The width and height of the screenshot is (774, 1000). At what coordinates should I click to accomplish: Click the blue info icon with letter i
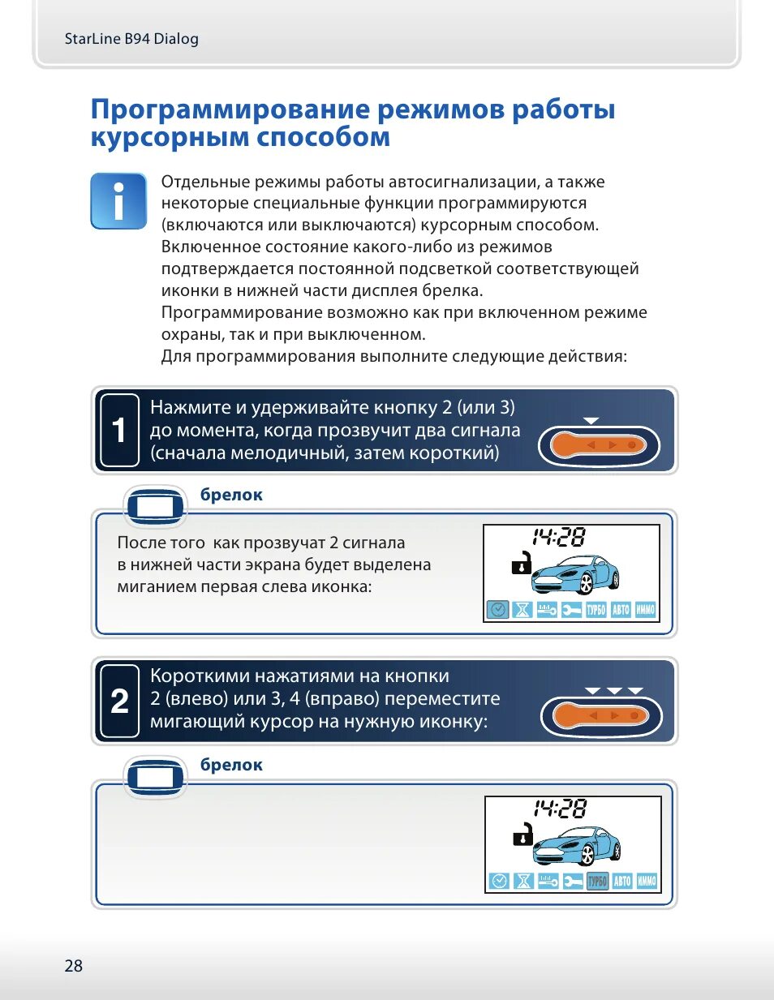click(118, 200)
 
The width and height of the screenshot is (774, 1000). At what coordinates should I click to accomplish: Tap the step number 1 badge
click(119, 430)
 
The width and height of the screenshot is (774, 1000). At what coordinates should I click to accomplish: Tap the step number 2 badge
click(119, 701)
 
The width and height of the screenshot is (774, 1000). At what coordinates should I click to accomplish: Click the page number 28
click(73, 965)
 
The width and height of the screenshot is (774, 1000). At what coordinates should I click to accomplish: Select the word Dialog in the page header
click(176, 38)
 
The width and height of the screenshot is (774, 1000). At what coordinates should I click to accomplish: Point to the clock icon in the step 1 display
click(497, 609)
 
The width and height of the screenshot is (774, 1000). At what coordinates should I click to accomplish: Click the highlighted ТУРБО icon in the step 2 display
click(597, 881)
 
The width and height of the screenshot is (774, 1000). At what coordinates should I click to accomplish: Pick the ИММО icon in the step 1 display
click(646, 609)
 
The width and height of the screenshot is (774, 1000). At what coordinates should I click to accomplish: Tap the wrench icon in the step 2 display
click(573, 881)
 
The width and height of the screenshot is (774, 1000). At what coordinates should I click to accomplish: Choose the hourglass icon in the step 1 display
click(522, 609)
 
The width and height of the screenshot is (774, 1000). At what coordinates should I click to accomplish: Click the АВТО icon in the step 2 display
click(622, 881)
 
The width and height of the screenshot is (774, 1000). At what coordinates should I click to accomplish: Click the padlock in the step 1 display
click(522, 563)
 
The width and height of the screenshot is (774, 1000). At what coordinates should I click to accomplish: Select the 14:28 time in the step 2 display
click(560, 808)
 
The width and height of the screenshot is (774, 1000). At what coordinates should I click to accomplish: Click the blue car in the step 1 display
click(576, 573)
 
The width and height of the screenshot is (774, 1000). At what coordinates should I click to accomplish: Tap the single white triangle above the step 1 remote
click(591, 420)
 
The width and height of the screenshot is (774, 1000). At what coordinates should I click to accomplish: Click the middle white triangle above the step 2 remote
click(614, 690)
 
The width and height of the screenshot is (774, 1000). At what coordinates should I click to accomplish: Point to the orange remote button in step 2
click(600, 716)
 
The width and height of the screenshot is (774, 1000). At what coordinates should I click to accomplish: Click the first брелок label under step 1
click(231, 495)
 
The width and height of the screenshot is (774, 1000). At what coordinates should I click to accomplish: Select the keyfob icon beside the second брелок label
click(155, 777)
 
